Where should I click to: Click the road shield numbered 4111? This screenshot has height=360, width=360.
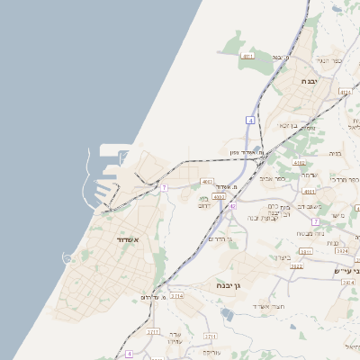[x=248, y=57]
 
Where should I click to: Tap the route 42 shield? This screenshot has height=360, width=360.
[x=231, y=206]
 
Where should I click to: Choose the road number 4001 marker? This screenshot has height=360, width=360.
[x=207, y=182]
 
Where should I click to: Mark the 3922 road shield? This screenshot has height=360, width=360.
[x=296, y=266]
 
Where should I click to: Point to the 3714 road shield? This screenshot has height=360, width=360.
[x=176, y=295]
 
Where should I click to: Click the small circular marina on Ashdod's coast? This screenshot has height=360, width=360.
[x=67, y=258]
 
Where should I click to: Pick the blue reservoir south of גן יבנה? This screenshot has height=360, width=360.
[x=228, y=314]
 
